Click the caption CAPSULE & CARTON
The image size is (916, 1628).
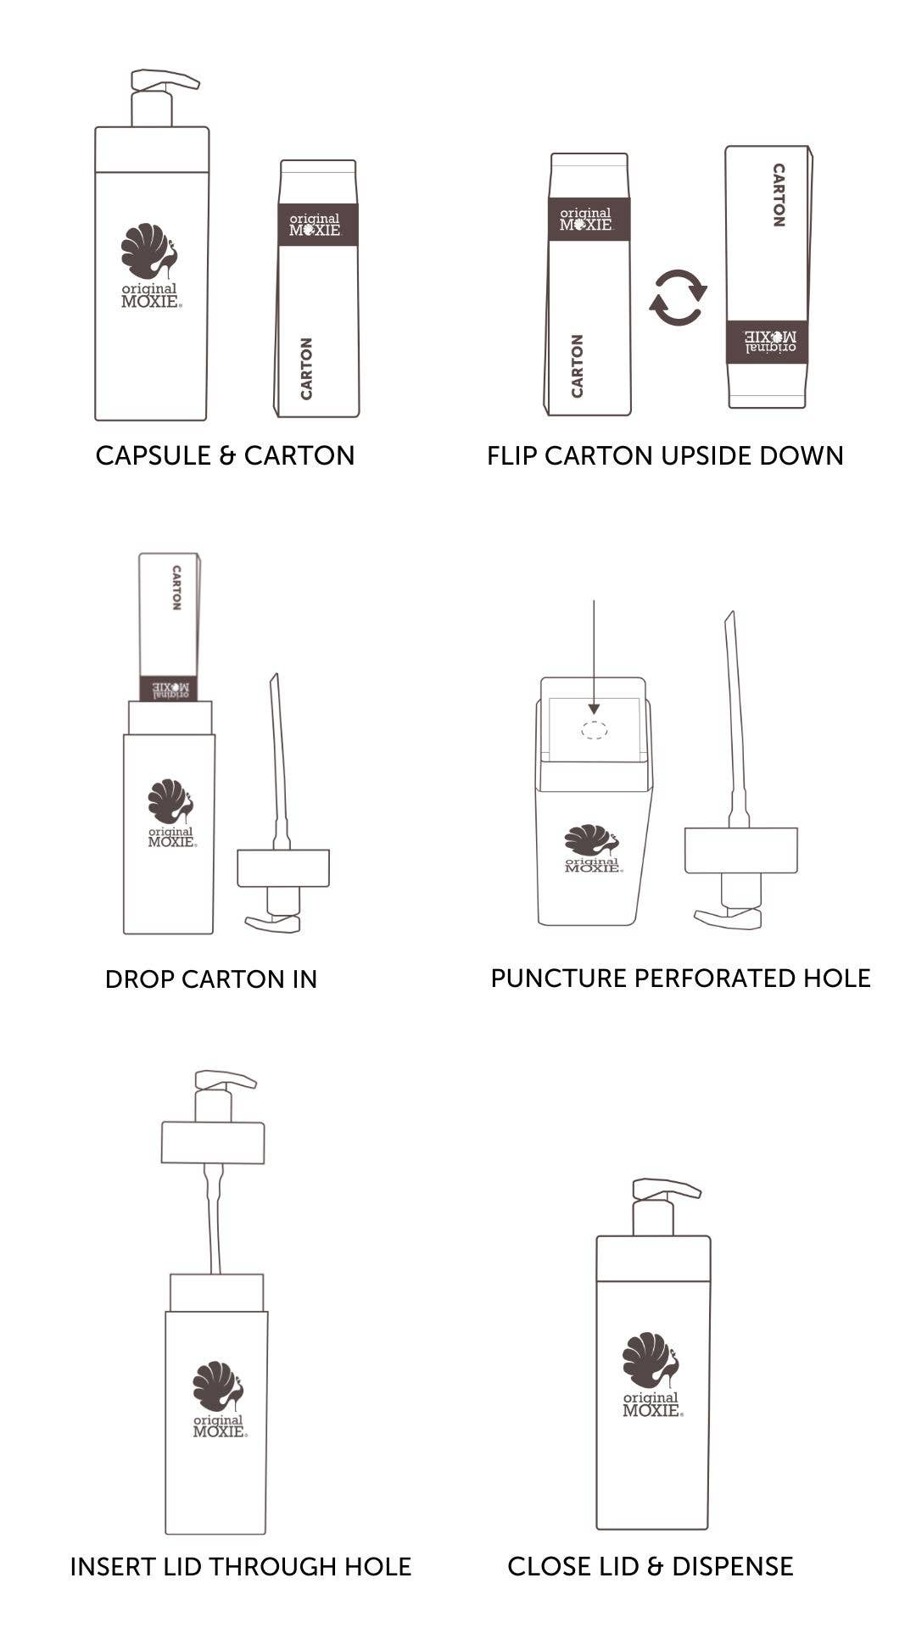click(225, 455)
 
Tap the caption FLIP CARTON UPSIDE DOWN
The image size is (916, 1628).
click(665, 455)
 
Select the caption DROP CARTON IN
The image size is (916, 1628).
click(211, 979)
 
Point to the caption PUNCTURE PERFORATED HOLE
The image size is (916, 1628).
click(680, 978)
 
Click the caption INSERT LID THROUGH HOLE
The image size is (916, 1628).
click(241, 1566)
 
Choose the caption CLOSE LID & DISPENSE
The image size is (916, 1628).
click(651, 1566)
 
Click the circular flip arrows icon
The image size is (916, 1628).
click(678, 298)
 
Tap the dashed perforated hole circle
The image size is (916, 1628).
click(594, 729)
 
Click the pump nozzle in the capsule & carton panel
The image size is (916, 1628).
click(165, 80)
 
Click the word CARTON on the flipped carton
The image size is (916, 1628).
click(779, 195)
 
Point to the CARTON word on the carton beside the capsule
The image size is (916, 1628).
click(306, 368)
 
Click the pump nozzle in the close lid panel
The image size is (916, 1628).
click(667, 1188)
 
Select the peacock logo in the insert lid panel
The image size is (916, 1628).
click(218, 1387)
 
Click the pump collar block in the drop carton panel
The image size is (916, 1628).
click(283, 868)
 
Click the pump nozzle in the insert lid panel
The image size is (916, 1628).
click(226, 1079)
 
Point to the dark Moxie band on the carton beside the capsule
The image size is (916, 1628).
click(318, 225)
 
